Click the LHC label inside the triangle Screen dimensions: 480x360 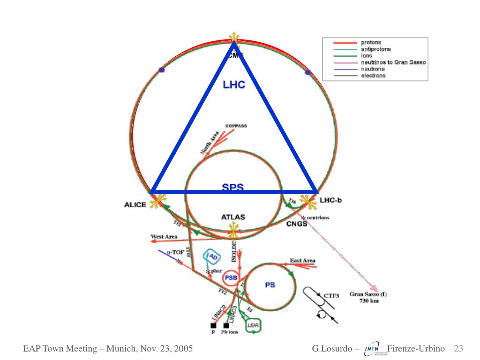pyautogui.click(x=234, y=85)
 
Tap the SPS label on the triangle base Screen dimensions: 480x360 pyautogui.click(x=233, y=187)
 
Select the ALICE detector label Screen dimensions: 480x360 pyautogui.click(x=135, y=205)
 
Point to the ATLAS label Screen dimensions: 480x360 pyautogui.click(x=233, y=217)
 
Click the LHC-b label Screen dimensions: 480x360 pyautogui.click(x=331, y=201)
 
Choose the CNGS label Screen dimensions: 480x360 pyautogui.click(x=297, y=224)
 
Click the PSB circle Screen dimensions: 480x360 pyautogui.click(x=231, y=278)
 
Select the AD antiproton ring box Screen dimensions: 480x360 pyautogui.click(x=212, y=257)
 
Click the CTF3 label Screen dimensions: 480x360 pyautogui.click(x=331, y=296)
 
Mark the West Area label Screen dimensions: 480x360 pyautogui.click(x=164, y=236)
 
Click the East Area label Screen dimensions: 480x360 pyautogui.click(x=302, y=260)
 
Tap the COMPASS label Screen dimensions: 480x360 pyautogui.click(x=236, y=126)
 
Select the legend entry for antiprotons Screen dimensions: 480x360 pyautogui.click(x=375, y=49)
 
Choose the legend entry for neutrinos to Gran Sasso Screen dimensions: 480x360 pyautogui.click(x=393, y=62)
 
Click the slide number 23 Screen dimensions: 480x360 pyautogui.click(x=458, y=349)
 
